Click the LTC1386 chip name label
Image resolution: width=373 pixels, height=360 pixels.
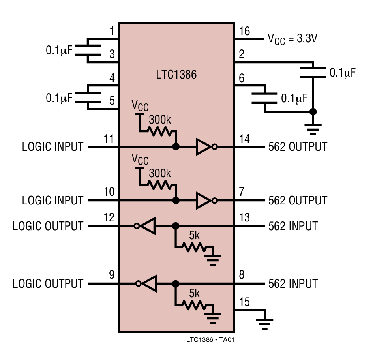point(176,74)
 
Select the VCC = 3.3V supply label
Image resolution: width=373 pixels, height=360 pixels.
point(293,39)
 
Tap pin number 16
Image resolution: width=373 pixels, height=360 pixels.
point(244,31)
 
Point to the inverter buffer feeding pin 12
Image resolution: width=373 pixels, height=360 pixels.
point(147,226)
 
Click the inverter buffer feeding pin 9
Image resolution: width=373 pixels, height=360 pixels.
point(147,283)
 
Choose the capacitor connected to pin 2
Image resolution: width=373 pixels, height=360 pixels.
point(313,73)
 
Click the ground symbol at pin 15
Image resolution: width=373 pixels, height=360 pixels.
point(265,322)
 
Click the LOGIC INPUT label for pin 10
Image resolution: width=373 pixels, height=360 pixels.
point(52,200)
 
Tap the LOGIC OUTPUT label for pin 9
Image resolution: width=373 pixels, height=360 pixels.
point(48,283)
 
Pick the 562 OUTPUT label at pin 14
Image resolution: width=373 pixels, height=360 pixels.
point(298,147)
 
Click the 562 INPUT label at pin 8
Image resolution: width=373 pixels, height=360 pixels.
point(293,283)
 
